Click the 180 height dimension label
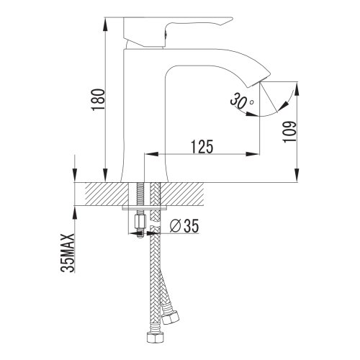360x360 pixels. tap(98, 99)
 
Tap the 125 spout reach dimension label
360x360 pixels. tap(202, 146)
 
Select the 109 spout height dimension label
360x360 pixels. tap(289, 132)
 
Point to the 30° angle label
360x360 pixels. tap(241, 101)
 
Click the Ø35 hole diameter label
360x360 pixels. tap(184, 226)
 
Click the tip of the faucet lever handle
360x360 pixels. tap(231, 19)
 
